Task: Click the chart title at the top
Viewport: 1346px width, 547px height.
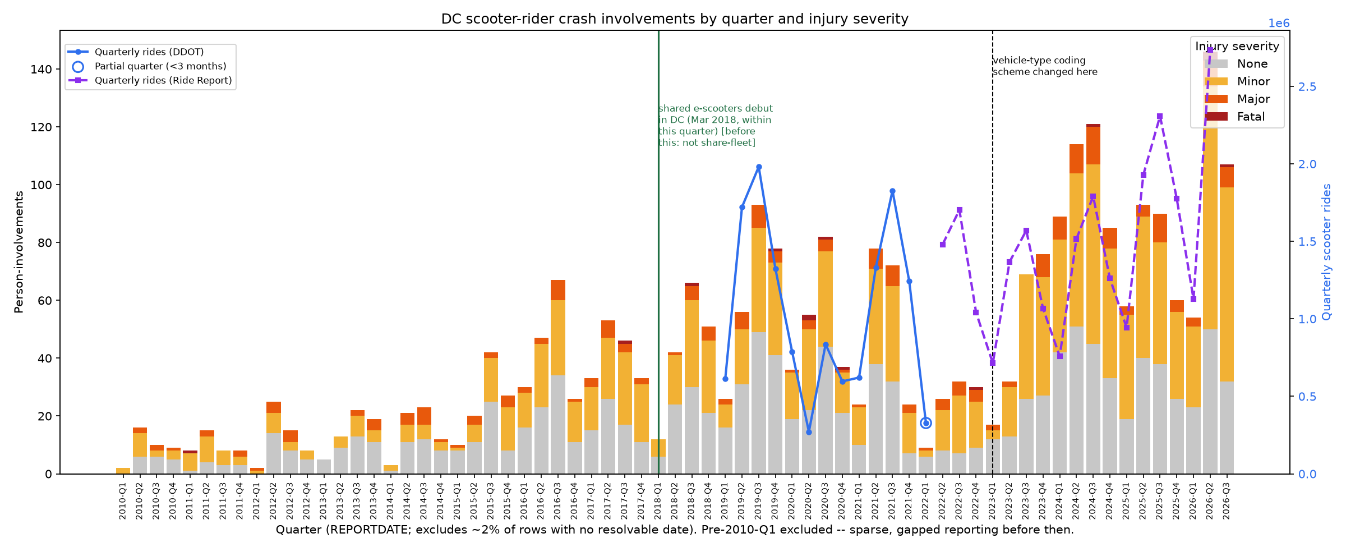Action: (x=675, y=19)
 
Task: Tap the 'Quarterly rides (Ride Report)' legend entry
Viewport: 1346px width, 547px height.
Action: (x=150, y=80)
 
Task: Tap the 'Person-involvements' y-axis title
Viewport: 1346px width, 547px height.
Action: (x=19, y=252)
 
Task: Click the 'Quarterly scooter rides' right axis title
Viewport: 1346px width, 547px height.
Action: (x=1326, y=252)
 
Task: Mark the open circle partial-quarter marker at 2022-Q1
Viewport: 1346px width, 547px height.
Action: (x=926, y=423)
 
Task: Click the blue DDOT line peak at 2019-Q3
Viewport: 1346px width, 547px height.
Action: (x=759, y=167)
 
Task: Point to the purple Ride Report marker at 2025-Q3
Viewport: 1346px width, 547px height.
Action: (x=1160, y=117)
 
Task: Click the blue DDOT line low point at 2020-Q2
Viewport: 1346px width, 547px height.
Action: (x=809, y=432)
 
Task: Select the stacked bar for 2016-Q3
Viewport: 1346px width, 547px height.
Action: (x=558, y=377)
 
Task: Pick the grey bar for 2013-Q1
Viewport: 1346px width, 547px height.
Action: (x=324, y=467)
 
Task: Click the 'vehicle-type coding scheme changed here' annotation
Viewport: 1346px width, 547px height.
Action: (x=1045, y=66)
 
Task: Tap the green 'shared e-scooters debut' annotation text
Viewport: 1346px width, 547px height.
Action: (x=716, y=126)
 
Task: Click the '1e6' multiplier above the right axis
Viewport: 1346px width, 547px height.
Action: (x=1279, y=24)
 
